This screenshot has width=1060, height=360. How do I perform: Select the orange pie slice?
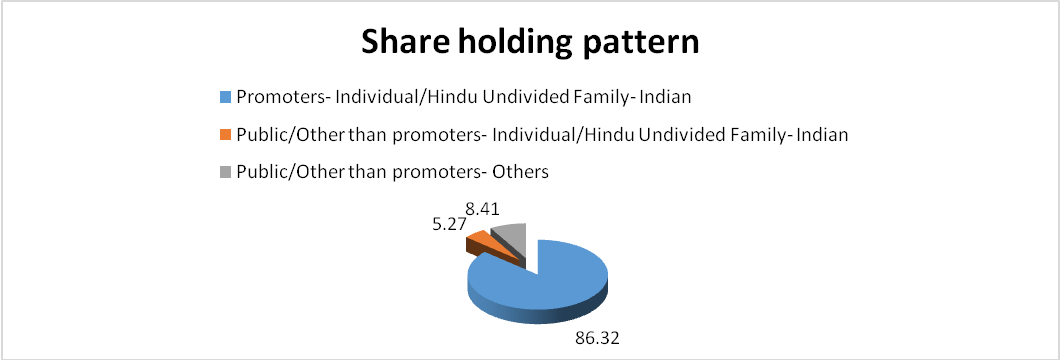(x=477, y=241)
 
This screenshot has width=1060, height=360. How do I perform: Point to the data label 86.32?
(x=596, y=336)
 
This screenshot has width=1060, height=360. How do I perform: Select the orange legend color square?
(x=225, y=135)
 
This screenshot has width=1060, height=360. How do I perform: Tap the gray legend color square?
(x=225, y=172)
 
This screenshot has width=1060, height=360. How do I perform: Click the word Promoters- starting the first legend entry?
(x=272, y=98)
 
